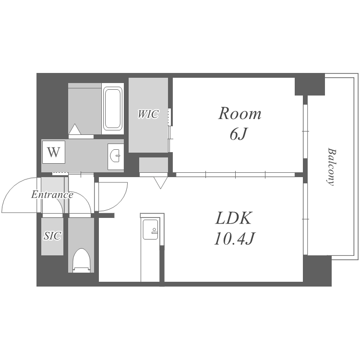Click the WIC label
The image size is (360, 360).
click(148, 114)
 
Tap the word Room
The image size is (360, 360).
click(240, 113)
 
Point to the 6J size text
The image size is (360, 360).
click(238, 134)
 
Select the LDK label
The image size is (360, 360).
click(234, 218)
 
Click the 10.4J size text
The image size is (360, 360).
click(235, 238)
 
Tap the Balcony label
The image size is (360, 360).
click(331, 167)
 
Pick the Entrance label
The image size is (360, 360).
click(52, 195)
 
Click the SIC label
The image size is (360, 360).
click(52, 236)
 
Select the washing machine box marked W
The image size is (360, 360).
click(54, 152)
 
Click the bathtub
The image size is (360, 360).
click(112, 108)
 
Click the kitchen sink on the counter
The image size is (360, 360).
click(150, 229)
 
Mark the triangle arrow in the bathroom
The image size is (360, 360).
click(75, 129)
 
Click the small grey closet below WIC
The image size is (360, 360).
click(154, 165)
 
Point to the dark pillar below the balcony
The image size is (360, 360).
click(317, 270)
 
